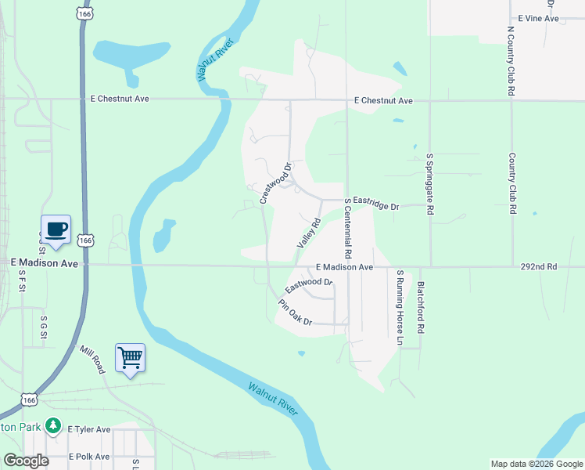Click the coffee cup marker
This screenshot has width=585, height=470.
pyautogui.click(x=56, y=230)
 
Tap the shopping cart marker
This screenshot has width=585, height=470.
pyautogui.click(x=131, y=358)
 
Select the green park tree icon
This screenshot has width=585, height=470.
pyautogui.click(x=53, y=425)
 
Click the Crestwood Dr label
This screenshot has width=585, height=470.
pyautogui.click(x=275, y=183)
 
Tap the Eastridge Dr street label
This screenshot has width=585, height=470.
pyautogui.click(x=375, y=204)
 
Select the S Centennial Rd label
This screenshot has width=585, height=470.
pyautogui.click(x=347, y=229)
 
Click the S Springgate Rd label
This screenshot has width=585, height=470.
pyautogui.click(x=429, y=184)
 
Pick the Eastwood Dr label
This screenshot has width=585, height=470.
pyautogui.click(x=309, y=285)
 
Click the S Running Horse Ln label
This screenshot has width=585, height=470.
pyautogui.click(x=399, y=308)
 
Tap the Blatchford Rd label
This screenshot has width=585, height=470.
pyautogui.click(x=420, y=307)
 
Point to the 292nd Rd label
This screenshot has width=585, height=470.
pyautogui.click(x=538, y=266)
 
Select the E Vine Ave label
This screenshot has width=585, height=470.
pyautogui.click(x=539, y=18)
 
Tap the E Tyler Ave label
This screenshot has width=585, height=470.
pyautogui.click(x=89, y=429)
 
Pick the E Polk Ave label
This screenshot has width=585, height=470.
pyautogui.click(x=90, y=456)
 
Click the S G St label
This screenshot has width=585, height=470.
pyautogui.click(x=43, y=328)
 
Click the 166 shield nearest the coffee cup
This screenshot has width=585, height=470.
pyautogui.click(x=86, y=239)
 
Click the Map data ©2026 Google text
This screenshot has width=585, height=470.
pyautogui.click(x=537, y=464)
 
